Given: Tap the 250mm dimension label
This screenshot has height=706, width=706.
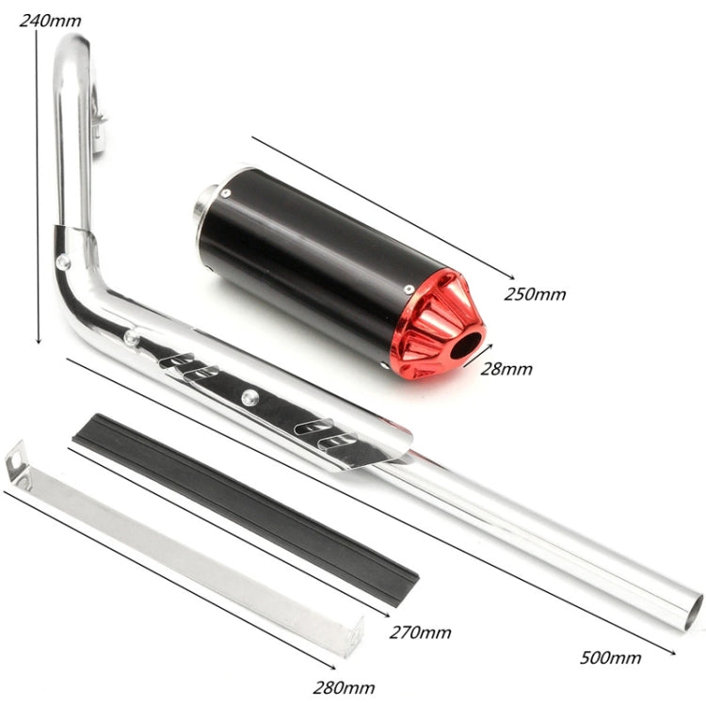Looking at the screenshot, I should (535, 294).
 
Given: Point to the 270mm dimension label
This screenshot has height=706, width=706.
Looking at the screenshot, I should (420, 632).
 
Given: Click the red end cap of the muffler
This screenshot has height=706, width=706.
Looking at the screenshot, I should (435, 322).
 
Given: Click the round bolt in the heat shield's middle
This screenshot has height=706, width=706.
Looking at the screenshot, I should (249, 398).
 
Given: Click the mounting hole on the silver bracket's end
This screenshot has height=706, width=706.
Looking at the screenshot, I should (17, 458).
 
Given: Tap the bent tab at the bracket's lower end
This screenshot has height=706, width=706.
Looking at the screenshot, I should (352, 640).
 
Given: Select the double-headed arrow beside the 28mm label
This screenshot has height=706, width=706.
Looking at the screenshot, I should (477, 359).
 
